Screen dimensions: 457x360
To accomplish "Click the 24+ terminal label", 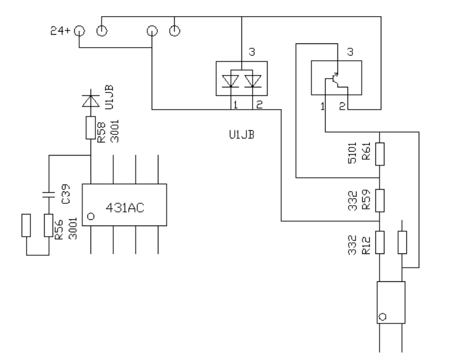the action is [x=60, y=30].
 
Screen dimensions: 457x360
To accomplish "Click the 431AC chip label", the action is [x=124, y=208].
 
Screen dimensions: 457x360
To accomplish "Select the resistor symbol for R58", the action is [x=90, y=128].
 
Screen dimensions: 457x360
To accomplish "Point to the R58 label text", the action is [x=101, y=132].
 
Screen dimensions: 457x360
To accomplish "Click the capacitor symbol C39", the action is [x=49, y=195].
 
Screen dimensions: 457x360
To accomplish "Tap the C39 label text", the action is [x=66, y=194].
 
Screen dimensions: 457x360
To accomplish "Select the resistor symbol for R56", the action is [x=49, y=225].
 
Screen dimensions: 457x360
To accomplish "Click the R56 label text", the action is [x=59, y=229].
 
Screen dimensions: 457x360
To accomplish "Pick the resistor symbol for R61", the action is [x=380, y=154].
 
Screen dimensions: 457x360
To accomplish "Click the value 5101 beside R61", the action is [x=352, y=153].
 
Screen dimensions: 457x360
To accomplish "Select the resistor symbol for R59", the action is [x=380, y=200].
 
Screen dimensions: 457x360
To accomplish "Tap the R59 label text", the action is [x=366, y=200].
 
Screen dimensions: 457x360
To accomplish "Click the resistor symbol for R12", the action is [x=380, y=242].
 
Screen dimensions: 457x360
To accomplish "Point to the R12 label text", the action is [x=366, y=245].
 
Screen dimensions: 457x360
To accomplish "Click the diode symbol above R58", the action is [x=90, y=100].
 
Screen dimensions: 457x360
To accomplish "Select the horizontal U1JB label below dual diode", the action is [x=242, y=135].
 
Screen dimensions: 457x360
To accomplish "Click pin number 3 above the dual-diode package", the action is [x=252, y=52].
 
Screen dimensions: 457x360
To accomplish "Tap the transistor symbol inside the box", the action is [x=336, y=80].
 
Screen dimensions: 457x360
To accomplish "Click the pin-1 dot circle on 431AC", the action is [x=91, y=216].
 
